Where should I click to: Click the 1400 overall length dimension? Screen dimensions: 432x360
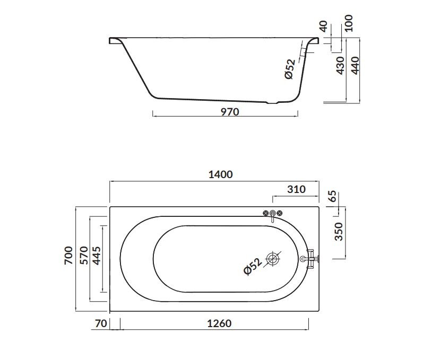(x=220, y=174)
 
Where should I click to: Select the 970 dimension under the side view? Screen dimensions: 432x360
(x=230, y=112)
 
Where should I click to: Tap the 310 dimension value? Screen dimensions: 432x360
(x=297, y=189)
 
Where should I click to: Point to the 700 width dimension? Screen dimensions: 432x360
(x=68, y=256)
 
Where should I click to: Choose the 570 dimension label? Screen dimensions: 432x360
(x=84, y=256)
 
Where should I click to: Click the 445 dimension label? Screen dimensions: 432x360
(x=97, y=256)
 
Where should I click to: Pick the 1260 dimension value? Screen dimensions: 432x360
(x=219, y=323)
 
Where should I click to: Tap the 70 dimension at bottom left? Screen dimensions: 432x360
(x=100, y=323)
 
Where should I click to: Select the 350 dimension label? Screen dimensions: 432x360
(x=339, y=232)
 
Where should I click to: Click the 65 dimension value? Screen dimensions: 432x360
(x=333, y=196)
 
